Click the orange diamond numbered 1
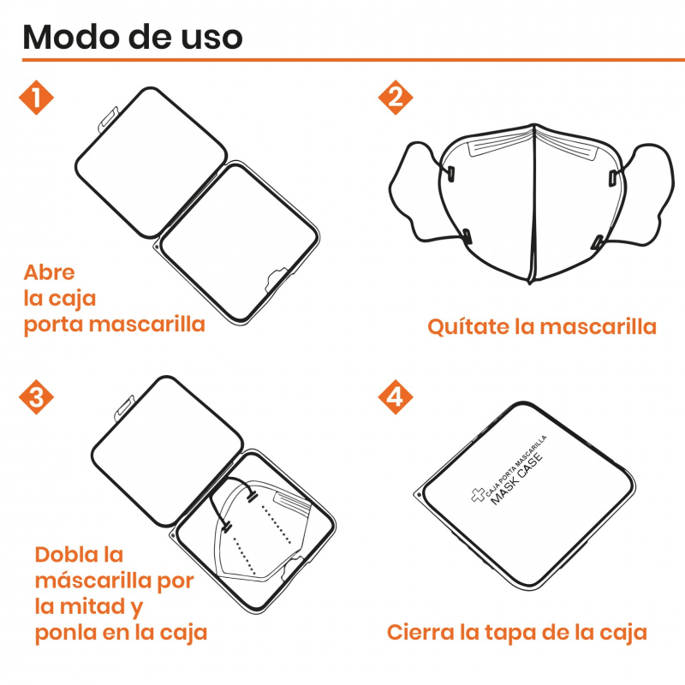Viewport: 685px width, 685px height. click(36, 98)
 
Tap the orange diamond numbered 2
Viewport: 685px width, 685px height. click(396, 98)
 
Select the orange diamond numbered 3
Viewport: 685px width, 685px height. click(36, 397)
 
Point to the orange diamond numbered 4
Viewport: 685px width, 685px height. click(396, 397)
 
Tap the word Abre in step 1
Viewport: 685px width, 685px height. click(49, 272)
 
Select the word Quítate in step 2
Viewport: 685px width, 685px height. click(468, 326)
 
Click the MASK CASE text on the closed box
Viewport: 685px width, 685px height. click(517, 479)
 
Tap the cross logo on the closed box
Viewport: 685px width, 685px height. click(478, 495)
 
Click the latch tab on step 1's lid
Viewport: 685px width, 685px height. click(108, 118)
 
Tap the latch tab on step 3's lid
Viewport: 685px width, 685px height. click(124, 408)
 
